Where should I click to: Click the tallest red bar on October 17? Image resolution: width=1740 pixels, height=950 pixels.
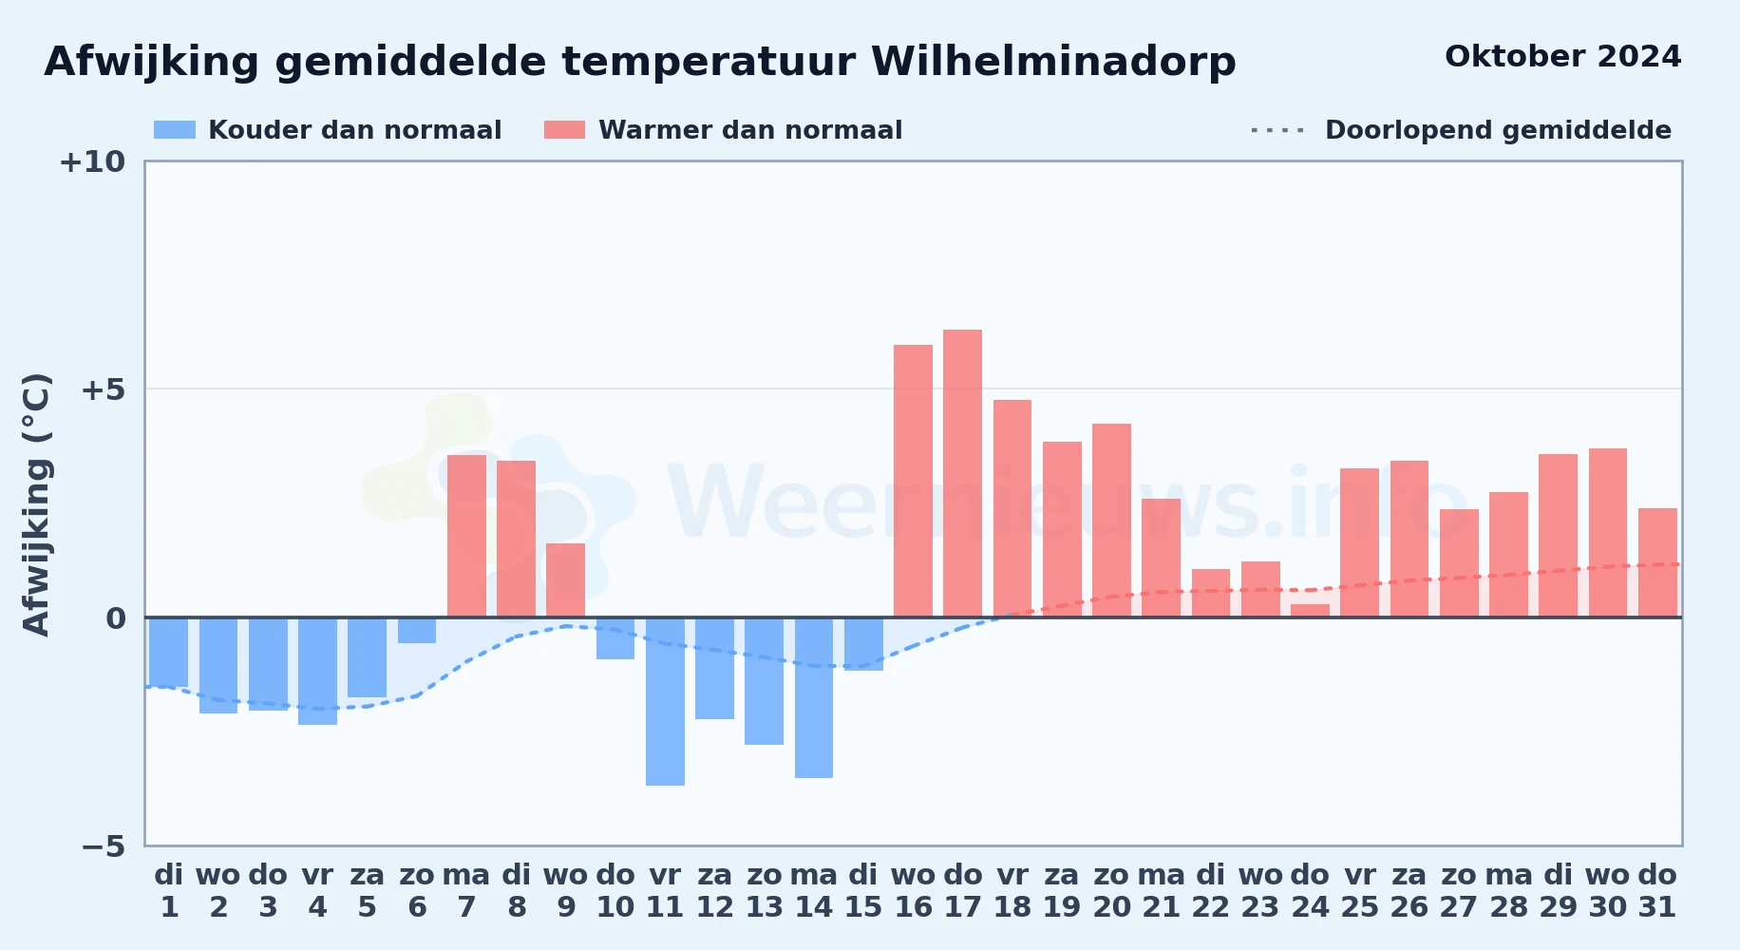tap(962, 473)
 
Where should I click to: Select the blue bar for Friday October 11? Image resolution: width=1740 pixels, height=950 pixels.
tap(665, 701)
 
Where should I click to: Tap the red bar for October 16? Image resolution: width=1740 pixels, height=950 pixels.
tap(913, 481)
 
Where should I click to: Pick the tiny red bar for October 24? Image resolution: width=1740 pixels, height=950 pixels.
tap(1310, 611)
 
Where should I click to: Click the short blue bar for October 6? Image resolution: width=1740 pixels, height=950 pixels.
tap(417, 630)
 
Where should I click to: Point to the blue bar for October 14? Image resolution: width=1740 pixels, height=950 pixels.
tap(814, 697)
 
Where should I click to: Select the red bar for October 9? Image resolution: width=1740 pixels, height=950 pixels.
tap(565, 580)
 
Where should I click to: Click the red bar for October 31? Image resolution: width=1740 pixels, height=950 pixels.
tap(1657, 562)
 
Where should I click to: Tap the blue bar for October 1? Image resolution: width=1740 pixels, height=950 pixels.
tap(169, 652)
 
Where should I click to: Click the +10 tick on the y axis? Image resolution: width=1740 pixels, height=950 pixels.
tap(92, 162)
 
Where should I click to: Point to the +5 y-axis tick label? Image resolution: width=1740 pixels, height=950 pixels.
tap(103, 389)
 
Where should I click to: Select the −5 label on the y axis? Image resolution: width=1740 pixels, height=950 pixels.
tap(103, 846)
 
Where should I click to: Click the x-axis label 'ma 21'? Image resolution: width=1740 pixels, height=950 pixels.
tap(1161, 891)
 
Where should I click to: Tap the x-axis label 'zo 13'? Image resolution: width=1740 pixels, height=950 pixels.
tap(764, 891)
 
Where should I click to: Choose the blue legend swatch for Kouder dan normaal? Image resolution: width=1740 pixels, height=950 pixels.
tap(175, 130)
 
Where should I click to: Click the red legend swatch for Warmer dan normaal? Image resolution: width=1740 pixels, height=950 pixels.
tap(564, 130)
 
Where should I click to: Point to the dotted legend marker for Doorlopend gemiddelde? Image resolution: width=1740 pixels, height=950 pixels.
tap(1277, 130)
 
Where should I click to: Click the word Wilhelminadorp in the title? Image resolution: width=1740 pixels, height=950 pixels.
tap(1053, 63)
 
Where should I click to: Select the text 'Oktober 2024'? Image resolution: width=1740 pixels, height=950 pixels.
tap(1562, 57)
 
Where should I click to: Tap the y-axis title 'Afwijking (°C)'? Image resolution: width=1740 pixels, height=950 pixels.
tap(36, 504)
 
